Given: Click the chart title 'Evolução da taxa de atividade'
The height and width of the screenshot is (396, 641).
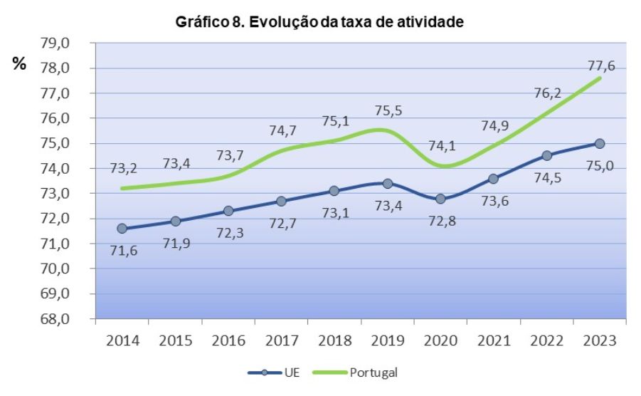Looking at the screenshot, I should click(x=319, y=23).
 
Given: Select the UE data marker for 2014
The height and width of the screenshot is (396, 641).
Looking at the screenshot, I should click(x=122, y=229).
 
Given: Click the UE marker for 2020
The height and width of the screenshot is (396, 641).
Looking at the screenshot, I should click(x=440, y=199).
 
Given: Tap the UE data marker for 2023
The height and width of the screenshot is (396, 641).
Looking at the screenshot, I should click(x=600, y=143).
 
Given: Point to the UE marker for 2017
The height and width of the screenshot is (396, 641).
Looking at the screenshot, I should click(x=282, y=201).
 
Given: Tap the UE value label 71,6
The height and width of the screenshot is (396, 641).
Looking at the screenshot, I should click(x=122, y=252).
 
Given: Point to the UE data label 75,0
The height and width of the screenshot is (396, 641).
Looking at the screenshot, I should click(x=600, y=167).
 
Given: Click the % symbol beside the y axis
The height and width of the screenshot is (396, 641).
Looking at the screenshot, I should click(x=19, y=65).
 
